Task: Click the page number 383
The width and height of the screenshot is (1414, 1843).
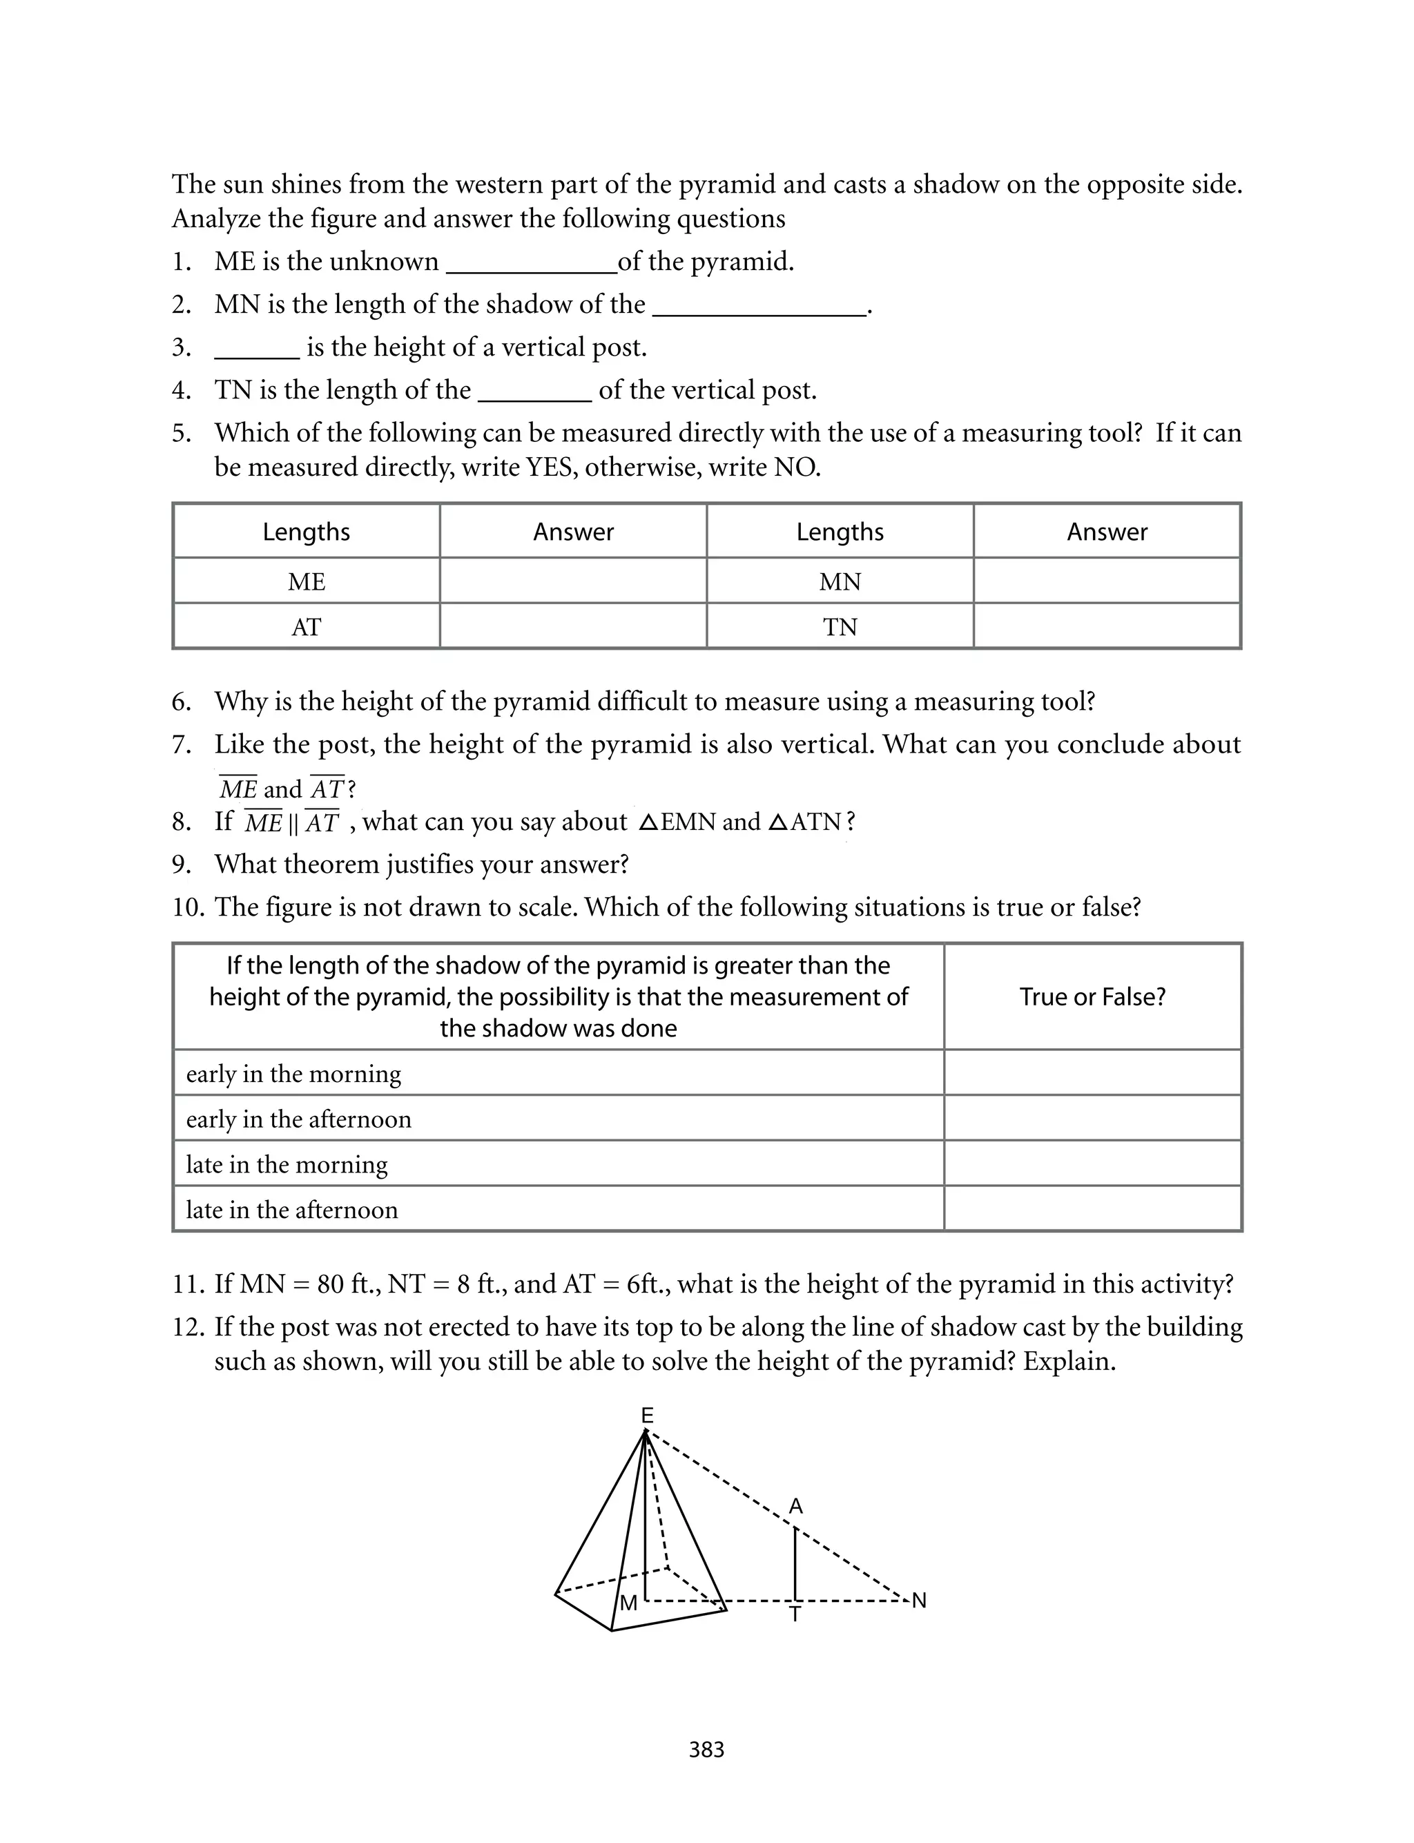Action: [706, 1750]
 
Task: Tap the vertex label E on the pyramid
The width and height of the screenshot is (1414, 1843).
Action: [646, 1416]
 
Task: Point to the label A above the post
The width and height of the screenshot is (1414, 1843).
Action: [795, 1507]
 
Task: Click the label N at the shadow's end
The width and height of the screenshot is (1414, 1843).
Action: [919, 1601]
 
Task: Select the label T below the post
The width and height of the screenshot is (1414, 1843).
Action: [795, 1615]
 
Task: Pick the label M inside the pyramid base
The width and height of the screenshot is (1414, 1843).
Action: [628, 1603]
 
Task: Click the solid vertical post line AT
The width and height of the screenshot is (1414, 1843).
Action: [795, 1563]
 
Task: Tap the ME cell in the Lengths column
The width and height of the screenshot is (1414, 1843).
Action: [307, 581]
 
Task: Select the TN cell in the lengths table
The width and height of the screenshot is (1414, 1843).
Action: [840, 627]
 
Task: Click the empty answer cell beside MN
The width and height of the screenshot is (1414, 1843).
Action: [1107, 581]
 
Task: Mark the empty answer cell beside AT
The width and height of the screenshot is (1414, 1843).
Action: [572, 627]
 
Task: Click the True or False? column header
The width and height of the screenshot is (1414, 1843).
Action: [1092, 997]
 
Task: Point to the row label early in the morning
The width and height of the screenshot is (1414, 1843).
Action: [293, 1074]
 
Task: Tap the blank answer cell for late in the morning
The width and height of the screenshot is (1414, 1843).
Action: [1092, 1164]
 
